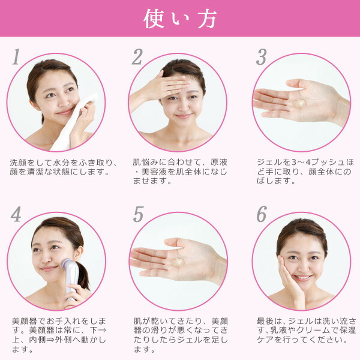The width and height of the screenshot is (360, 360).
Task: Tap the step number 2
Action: (137, 56)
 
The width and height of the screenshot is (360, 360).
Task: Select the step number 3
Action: (261, 56)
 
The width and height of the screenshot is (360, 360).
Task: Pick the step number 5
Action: (139, 214)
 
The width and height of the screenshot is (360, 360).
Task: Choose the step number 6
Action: (261, 214)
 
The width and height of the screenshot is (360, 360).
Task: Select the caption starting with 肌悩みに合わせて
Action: (179, 172)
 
